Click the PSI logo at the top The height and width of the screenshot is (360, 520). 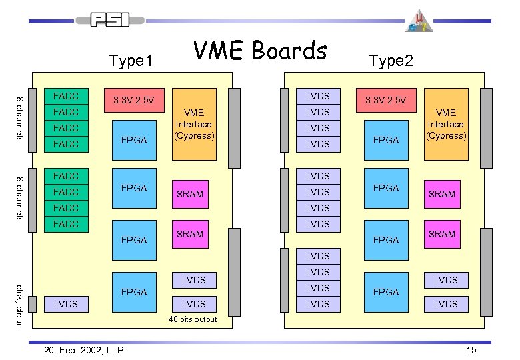(x=111, y=19)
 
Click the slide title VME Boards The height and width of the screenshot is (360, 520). (x=260, y=50)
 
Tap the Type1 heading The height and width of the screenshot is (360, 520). (x=131, y=61)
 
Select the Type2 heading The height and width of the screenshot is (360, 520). (x=391, y=61)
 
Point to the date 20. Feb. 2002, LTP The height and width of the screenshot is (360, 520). (x=79, y=350)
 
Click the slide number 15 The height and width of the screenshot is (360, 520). (x=471, y=350)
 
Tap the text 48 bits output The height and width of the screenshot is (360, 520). (x=193, y=320)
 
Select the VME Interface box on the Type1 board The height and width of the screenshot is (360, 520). (x=194, y=124)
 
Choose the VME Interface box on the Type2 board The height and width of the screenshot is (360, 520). (x=446, y=124)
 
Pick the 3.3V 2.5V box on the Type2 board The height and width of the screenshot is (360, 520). (x=386, y=101)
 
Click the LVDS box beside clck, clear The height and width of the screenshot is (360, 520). (x=65, y=304)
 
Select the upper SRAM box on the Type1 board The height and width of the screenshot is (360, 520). (x=190, y=193)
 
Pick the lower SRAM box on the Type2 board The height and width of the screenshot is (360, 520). (x=442, y=234)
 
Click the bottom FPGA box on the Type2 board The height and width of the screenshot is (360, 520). (x=386, y=292)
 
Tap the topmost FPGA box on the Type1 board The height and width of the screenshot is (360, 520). (x=133, y=140)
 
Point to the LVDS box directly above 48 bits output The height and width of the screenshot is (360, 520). (x=193, y=304)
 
